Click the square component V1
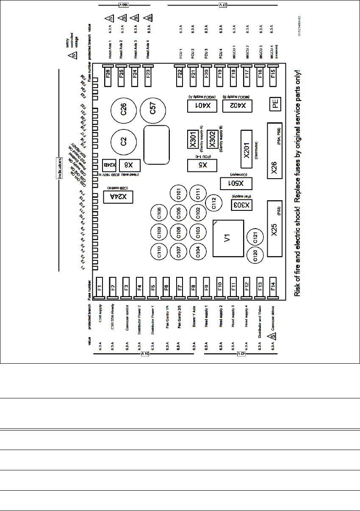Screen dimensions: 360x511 pos(227,239)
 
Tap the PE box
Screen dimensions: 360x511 pos(276,105)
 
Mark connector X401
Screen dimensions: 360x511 pos(202,105)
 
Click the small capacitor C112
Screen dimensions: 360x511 pos(214,205)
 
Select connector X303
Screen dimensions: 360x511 pos(241,205)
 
